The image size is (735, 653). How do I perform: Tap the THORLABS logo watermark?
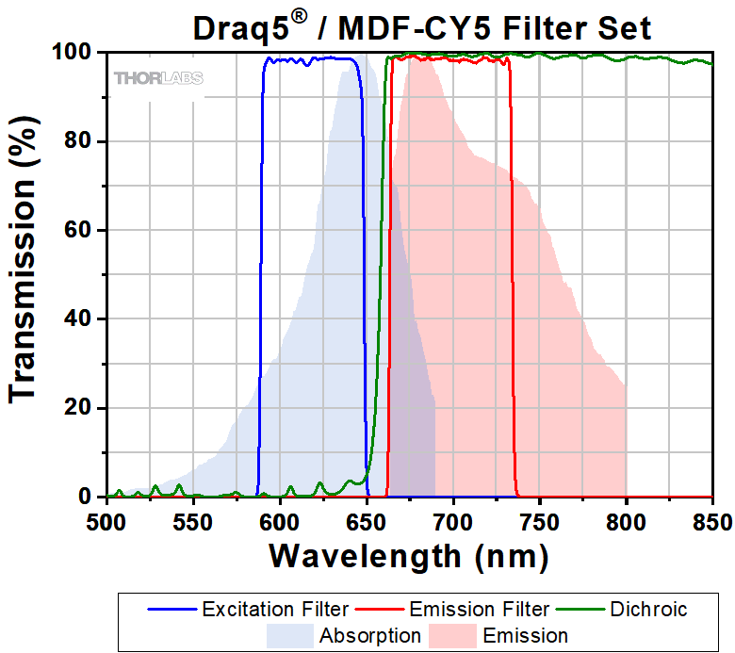(157, 78)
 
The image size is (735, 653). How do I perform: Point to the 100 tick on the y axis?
(79, 53)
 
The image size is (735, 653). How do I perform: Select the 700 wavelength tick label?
(453, 519)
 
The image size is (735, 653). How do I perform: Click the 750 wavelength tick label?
(540, 519)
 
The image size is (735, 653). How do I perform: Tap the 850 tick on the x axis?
(711, 519)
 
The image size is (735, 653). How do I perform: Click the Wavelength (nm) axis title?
(408, 555)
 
